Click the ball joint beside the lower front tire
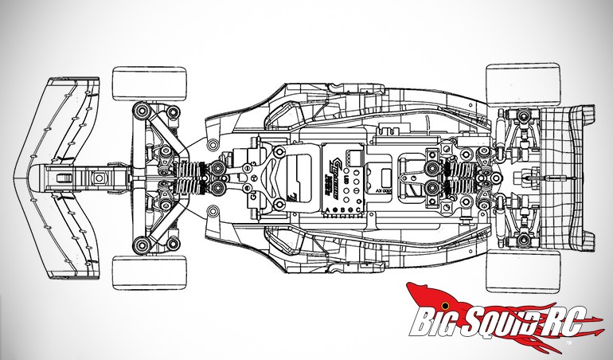142,244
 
